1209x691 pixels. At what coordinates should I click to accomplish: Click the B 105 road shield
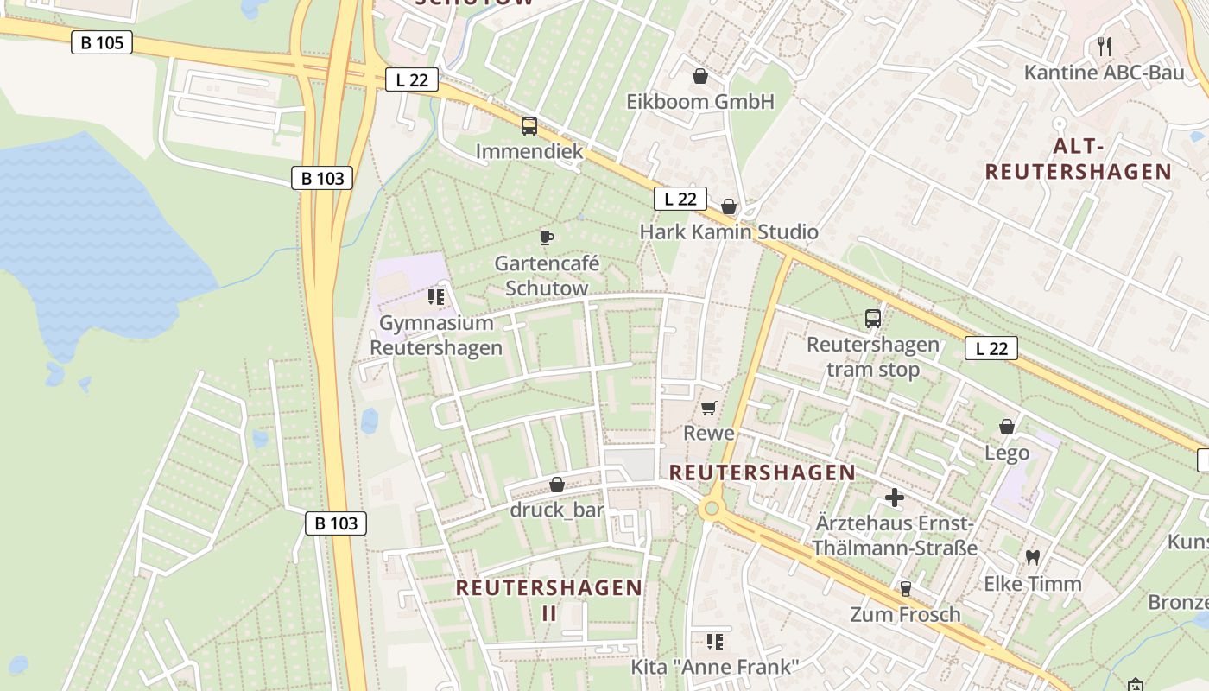click(102, 42)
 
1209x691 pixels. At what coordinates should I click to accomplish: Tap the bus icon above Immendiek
click(529, 126)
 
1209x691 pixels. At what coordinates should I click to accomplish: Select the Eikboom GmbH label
click(700, 102)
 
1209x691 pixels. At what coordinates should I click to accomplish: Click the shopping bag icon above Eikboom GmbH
click(700, 77)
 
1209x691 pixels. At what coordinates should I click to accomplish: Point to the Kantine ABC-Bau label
click(1104, 73)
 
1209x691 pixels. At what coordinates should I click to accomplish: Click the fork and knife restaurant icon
click(1104, 47)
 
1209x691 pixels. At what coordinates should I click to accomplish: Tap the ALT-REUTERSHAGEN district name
click(1078, 158)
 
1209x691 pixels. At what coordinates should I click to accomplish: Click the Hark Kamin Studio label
click(729, 231)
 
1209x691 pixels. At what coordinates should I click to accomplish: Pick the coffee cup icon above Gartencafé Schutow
click(546, 238)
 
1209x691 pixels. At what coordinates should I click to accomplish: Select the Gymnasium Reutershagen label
click(436, 335)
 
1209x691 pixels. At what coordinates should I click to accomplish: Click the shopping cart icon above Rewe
click(709, 408)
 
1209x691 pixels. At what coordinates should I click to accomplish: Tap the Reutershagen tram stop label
click(872, 357)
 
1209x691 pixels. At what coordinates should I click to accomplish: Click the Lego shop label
click(1007, 453)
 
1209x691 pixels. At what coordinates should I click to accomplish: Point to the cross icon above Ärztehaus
click(895, 498)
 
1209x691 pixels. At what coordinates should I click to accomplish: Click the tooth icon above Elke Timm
click(1032, 558)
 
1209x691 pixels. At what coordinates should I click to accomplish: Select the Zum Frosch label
click(905, 614)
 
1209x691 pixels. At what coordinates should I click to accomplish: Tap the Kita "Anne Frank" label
click(714, 667)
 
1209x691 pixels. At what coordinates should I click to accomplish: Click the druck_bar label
click(557, 510)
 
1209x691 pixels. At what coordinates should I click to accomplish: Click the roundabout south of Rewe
click(712, 509)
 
